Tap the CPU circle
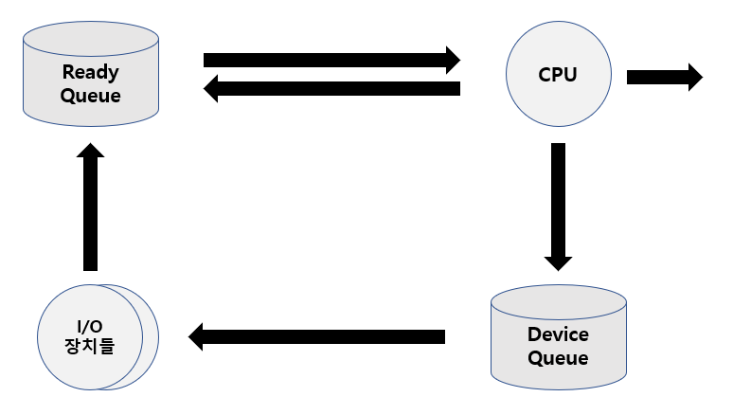pyautogui.click(x=557, y=75)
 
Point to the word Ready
pyautogui.click(x=91, y=71)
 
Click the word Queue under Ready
pyautogui.click(x=91, y=95)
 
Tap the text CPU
pyautogui.click(x=557, y=75)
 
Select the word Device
pyautogui.click(x=558, y=334)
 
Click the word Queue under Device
pyautogui.click(x=558, y=358)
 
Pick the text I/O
pyautogui.click(x=90, y=326)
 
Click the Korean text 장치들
pyautogui.click(x=90, y=347)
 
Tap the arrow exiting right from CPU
pyautogui.click(x=664, y=76)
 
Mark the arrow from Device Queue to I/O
pyautogui.click(x=317, y=336)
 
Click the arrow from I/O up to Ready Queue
pyautogui.click(x=90, y=208)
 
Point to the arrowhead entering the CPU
pyautogui.click(x=452, y=60)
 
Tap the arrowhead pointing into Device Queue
pyautogui.click(x=558, y=261)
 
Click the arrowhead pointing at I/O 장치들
pyautogui.click(x=196, y=336)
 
